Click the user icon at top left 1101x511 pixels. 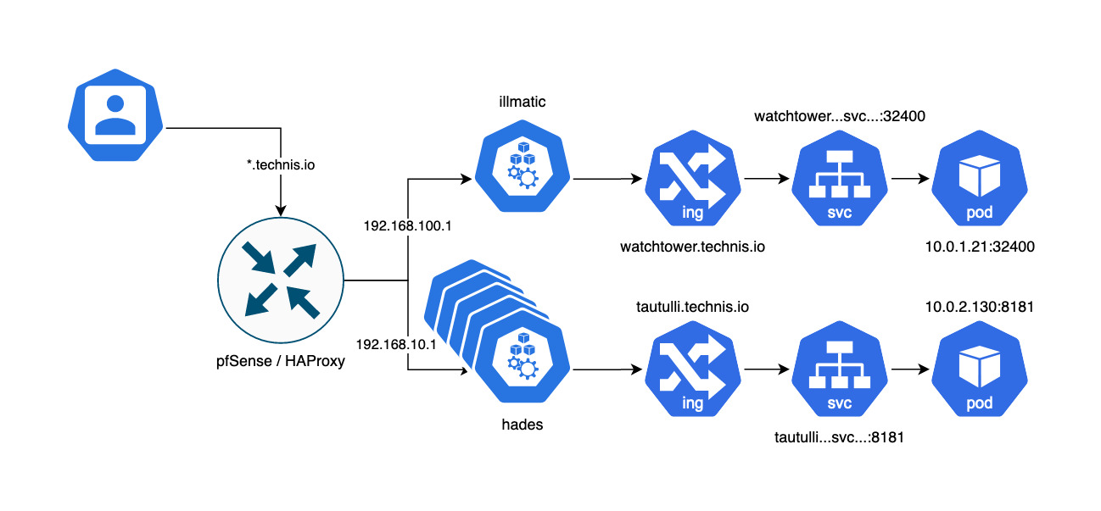point(115,117)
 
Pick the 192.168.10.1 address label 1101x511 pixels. point(395,345)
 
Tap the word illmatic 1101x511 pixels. point(522,102)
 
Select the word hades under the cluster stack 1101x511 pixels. point(522,425)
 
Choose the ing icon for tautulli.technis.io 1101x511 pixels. point(692,371)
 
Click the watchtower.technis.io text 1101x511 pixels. point(692,247)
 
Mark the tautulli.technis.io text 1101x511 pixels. point(692,306)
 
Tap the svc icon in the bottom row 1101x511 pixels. point(838,371)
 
